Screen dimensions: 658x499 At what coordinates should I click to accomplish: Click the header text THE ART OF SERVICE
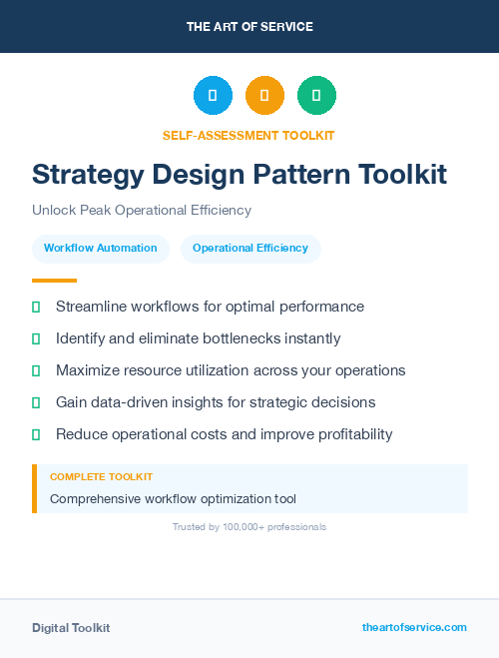249,27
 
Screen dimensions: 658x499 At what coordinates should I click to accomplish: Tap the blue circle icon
213,96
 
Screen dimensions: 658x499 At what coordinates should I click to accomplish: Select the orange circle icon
264,96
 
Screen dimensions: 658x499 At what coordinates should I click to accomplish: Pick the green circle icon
316,96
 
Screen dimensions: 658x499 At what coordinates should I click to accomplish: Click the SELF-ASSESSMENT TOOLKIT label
249,135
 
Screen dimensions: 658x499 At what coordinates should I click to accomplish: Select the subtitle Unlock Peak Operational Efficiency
142,211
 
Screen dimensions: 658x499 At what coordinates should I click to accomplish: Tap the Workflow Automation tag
100,248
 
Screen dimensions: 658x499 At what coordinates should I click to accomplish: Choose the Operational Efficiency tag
250,248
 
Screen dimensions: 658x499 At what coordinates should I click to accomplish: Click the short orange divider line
54,281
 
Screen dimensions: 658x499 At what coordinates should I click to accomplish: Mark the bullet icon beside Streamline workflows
36,307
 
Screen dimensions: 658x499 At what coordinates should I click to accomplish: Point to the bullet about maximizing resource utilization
231,370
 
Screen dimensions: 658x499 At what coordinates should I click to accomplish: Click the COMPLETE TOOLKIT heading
101,477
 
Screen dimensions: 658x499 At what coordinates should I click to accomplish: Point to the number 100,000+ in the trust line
246,526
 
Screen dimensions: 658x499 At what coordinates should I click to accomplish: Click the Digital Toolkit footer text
71,628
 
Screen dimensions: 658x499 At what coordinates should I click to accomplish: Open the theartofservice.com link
414,627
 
